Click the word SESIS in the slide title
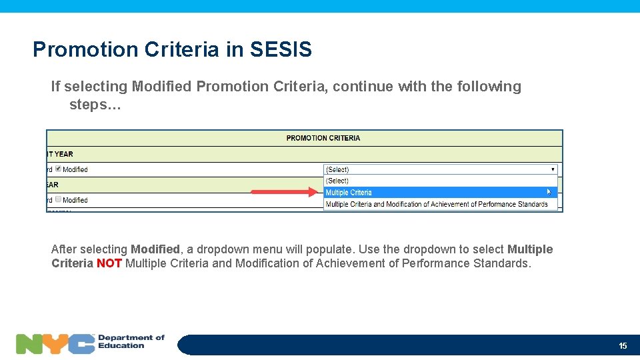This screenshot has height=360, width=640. tap(281, 49)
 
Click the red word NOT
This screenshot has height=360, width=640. tap(109, 263)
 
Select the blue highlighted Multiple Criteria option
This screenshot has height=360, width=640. tap(349, 193)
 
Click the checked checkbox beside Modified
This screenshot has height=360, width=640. tap(58, 169)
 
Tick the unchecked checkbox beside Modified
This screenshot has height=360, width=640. tap(58, 199)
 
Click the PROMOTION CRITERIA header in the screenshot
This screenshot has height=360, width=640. tap(323, 138)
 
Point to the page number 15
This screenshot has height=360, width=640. tap(623, 345)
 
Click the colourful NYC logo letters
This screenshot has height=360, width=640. tap(55, 344)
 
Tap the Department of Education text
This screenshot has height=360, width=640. tap(131, 341)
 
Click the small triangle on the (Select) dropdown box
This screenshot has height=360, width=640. tap(553, 169)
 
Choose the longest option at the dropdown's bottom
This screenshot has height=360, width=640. tap(437, 204)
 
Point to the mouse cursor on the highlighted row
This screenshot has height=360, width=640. tap(549, 192)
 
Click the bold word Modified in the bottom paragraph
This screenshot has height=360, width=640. tap(155, 249)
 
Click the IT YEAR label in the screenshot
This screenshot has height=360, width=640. tap(60, 154)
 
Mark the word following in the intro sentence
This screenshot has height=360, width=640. tap(489, 87)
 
